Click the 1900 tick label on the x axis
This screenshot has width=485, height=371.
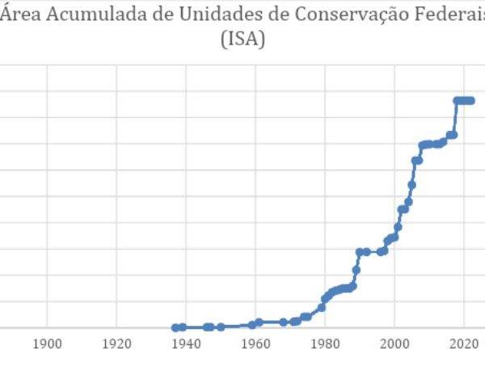[x=48, y=343]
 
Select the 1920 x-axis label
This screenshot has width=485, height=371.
[x=117, y=343]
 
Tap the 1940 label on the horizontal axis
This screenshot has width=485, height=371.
[x=187, y=343]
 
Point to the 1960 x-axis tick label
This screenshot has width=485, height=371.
[x=256, y=343]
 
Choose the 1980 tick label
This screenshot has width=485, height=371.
[x=326, y=343]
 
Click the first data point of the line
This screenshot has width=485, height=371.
[x=175, y=327]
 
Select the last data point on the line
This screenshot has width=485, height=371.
[x=471, y=101]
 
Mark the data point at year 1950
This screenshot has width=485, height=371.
[x=221, y=327]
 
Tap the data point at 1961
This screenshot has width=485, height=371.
[x=259, y=322]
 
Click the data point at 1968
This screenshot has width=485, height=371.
[x=284, y=322]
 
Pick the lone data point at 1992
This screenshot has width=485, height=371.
[x=367, y=251]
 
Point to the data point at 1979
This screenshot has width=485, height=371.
[x=322, y=307]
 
